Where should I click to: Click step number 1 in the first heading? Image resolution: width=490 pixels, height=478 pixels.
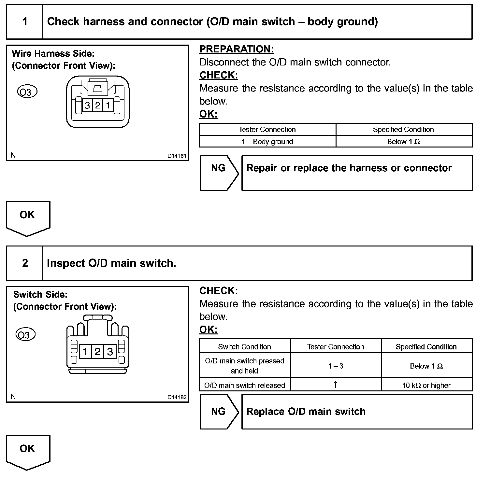click(x=25, y=22)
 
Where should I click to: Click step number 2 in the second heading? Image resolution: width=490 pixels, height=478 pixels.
click(x=25, y=263)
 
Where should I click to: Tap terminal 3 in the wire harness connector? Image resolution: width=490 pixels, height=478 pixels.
click(x=87, y=105)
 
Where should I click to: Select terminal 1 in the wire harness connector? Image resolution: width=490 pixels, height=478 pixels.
click(x=108, y=105)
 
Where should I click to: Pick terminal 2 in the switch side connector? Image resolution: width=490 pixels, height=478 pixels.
click(x=97, y=352)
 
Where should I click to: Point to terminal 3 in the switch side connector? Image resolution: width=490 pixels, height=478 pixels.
click(x=110, y=352)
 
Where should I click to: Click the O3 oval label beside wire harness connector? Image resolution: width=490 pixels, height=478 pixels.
click(x=27, y=92)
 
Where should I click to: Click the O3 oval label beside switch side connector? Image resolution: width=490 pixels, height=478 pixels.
click(x=25, y=335)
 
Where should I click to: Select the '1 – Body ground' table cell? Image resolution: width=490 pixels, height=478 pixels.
click(x=267, y=142)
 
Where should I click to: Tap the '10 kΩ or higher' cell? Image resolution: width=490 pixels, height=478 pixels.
click(x=426, y=385)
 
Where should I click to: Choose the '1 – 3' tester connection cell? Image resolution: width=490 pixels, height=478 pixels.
click(x=336, y=366)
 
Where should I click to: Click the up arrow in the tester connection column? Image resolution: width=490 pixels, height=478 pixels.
click(x=336, y=385)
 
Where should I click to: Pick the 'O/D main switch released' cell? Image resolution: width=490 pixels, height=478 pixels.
click(x=244, y=385)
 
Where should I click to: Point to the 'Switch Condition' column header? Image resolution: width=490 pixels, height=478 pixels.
click(x=244, y=347)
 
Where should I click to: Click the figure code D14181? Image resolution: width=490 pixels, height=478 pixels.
click(x=177, y=156)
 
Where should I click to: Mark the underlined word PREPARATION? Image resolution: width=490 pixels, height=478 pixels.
click(x=236, y=49)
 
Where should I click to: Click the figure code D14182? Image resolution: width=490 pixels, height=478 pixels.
click(x=177, y=397)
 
